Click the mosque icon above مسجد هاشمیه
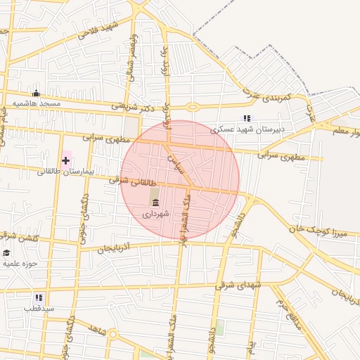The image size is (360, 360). tap(36, 94)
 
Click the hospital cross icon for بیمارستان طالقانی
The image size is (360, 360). tap(65, 160)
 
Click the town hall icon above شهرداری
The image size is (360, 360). tap(155, 202)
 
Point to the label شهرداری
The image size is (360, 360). tap(155, 212)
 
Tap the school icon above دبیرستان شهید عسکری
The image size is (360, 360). tap(246, 118)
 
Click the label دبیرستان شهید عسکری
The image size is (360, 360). tap(250, 129)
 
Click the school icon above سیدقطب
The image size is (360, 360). tap(38, 297)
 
